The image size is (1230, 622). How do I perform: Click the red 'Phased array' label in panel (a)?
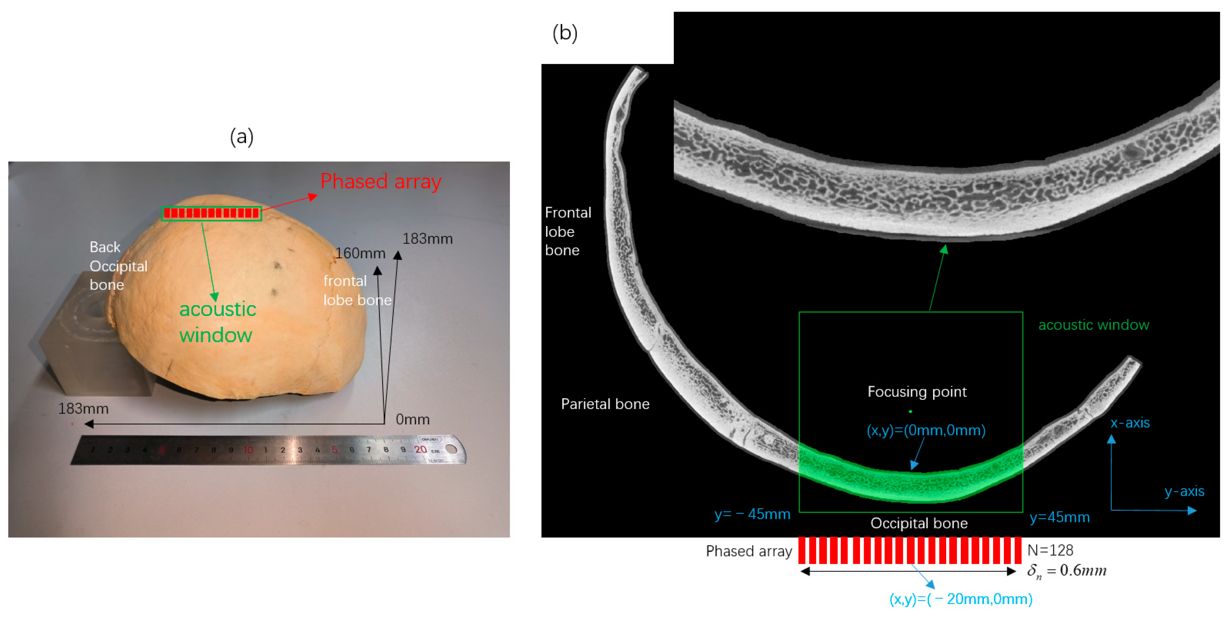point(381,182)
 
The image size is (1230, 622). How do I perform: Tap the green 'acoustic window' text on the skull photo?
point(217,322)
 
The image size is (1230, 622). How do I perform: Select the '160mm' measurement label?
point(360,253)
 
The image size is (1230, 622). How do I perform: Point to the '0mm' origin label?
point(413,419)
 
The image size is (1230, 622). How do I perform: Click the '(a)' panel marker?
point(242,137)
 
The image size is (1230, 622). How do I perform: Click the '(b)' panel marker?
point(565,34)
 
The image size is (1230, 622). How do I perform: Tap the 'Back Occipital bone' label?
point(118,266)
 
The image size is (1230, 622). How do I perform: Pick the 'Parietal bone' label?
point(605,404)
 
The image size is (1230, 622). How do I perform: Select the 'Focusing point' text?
point(917,392)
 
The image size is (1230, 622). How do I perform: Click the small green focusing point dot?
point(911,411)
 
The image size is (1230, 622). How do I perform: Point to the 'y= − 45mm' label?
point(752,514)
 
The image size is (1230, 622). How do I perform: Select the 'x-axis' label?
point(1130,423)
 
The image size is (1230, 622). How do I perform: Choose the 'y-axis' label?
point(1184,491)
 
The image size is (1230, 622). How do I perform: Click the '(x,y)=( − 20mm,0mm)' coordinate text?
point(961,599)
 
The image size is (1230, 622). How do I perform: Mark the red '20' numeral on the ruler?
point(420,449)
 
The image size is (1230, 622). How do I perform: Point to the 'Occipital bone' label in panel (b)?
point(919,523)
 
